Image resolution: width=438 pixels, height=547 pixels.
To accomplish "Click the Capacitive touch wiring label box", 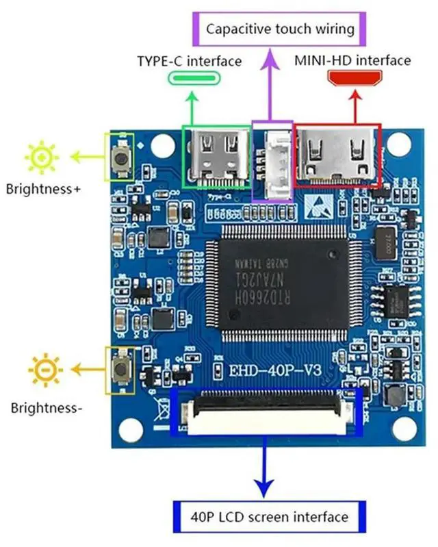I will point(280,29).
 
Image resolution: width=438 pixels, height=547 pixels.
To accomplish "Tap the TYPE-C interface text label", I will point(190,61).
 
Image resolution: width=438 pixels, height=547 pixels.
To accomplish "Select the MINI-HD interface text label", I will point(352,60).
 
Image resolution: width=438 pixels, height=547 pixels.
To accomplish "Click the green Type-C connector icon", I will point(190,79).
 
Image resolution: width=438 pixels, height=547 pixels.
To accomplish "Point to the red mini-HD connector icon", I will point(352,79).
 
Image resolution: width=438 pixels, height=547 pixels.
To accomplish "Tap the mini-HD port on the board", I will point(337,157).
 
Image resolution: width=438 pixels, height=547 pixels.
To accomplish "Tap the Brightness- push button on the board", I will point(120,370).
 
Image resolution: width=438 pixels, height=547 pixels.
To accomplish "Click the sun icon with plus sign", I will point(42,158).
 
